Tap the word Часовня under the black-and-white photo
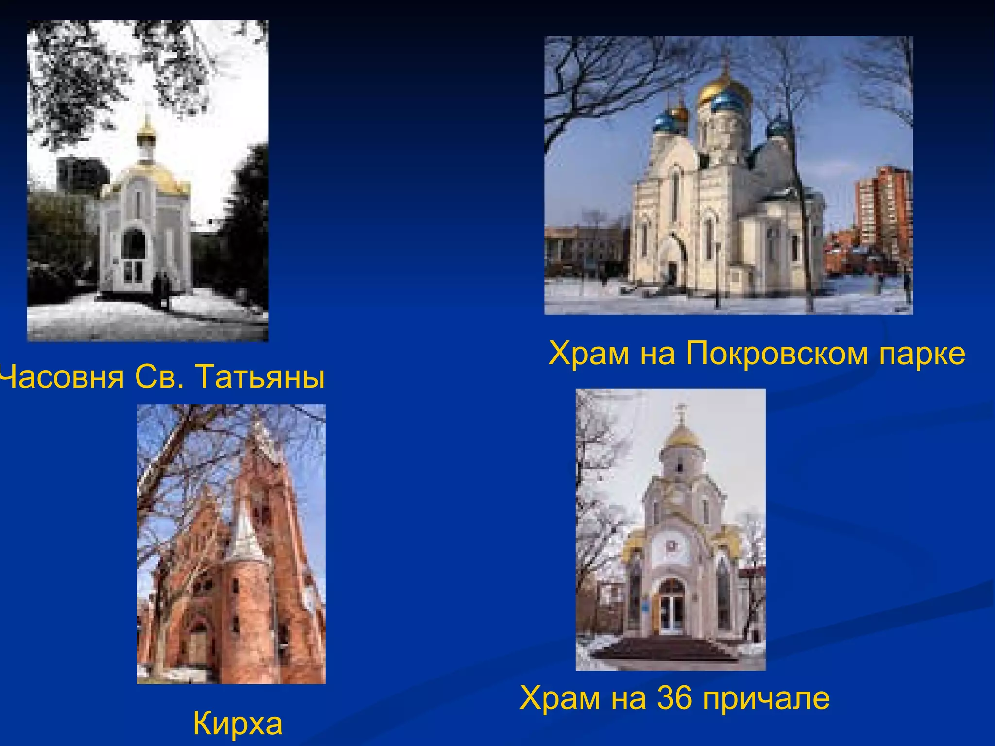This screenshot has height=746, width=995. click(61, 377)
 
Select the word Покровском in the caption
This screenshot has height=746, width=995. click(777, 353)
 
